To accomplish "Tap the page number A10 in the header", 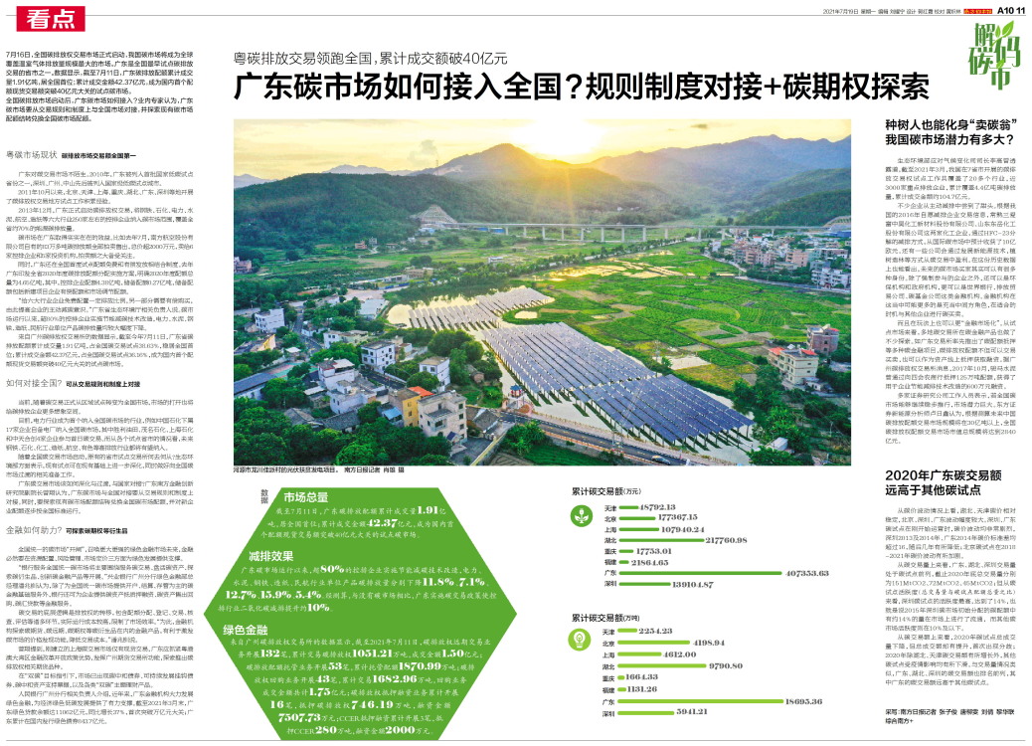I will pos(1006,9).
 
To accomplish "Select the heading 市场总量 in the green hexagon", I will pos(306,494).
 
